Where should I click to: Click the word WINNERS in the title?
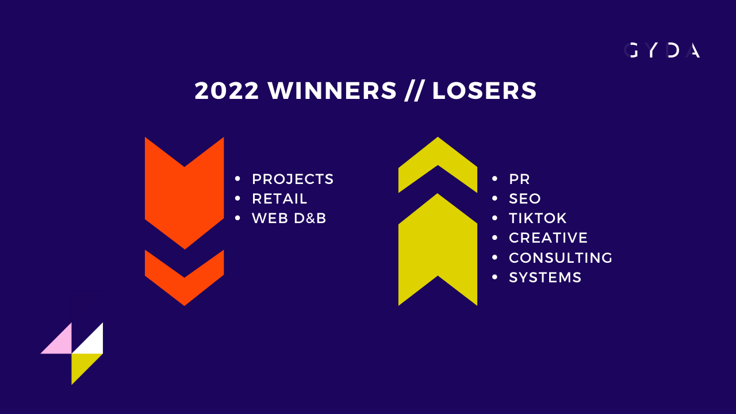tap(332, 91)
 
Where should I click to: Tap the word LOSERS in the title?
tap(484, 91)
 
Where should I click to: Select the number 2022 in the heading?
tap(227, 91)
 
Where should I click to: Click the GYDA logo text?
tap(662, 50)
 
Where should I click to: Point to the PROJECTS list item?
tap(293, 179)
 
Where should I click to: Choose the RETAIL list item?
tap(279, 199)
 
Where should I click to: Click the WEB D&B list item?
tap(289, 218)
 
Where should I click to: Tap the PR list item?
tap(519, 179)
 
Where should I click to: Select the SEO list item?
tap(525, 199)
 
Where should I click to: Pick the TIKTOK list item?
tap(538, 218)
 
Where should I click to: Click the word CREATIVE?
tap(548, 238)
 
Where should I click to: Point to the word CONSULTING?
tap(561, 258)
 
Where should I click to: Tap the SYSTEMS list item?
tap(545, 277)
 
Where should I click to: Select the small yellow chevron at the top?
tap(438, 155)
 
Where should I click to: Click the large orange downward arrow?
tap(185, 201)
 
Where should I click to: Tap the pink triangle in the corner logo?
tap(62, 343)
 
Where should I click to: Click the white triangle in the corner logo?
tap(93, 343)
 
